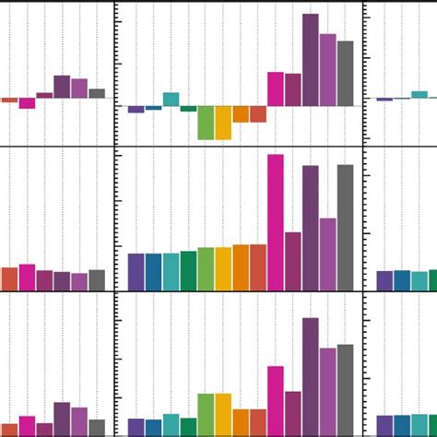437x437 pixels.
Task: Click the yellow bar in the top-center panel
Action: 223,123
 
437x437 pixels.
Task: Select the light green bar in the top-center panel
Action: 206,123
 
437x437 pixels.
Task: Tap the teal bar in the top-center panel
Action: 171,99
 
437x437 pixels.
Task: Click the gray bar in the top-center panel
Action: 345,74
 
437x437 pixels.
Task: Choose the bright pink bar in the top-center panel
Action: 276,89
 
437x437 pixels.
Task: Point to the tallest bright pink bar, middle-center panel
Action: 276,222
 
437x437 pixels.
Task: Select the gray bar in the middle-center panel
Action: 345,228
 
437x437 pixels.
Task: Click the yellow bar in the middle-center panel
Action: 223,268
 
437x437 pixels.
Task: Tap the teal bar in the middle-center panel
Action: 171,272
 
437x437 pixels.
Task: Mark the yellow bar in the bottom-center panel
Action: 223,415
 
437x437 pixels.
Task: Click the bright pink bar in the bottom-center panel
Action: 276,401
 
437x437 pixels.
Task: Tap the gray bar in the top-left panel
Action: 97,93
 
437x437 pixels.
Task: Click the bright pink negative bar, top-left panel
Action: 27,103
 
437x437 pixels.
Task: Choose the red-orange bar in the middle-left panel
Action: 9,279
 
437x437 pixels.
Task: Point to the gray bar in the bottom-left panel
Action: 97,428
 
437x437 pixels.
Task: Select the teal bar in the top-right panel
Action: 419,94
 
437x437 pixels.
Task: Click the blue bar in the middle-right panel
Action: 402,280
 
